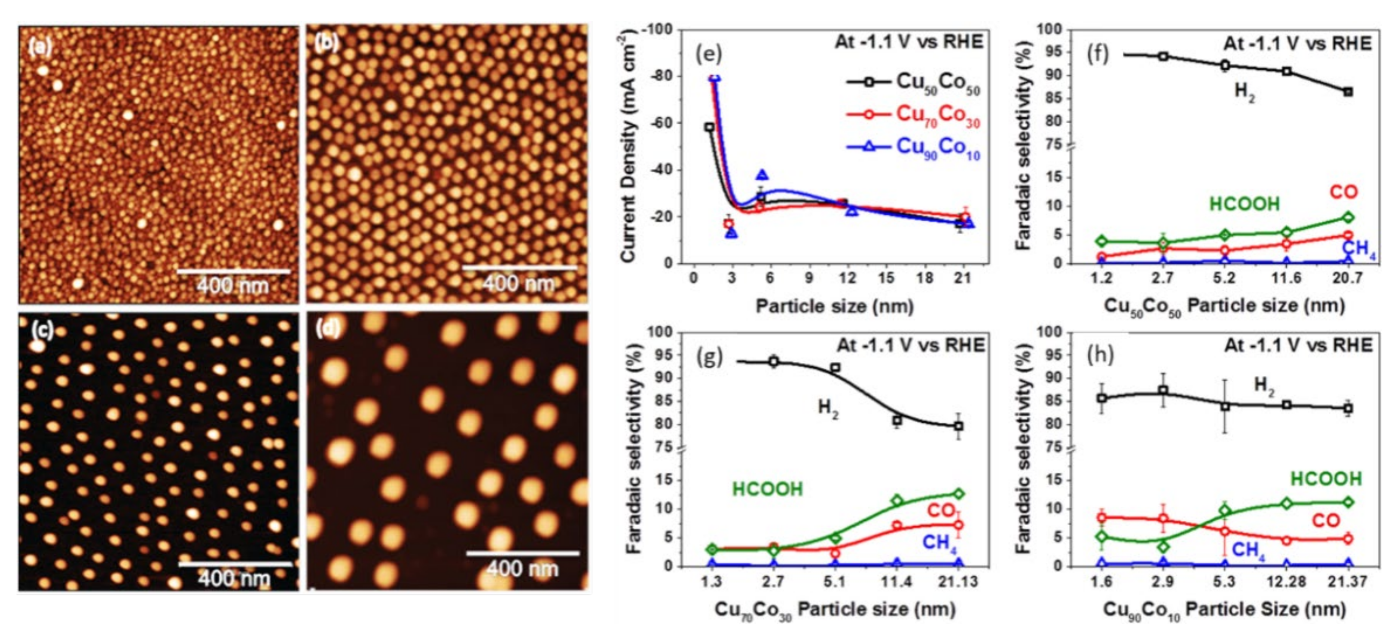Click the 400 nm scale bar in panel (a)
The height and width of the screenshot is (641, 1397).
coord(234,271)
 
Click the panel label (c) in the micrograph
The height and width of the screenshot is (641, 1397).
coord(41,329)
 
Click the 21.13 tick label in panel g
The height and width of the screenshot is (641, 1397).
coord(958,581)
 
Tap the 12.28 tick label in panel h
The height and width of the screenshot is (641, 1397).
coord(1286,581)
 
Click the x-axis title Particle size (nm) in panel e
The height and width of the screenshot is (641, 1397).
coord(835,306)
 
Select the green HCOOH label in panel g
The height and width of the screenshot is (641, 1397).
coord(767,489)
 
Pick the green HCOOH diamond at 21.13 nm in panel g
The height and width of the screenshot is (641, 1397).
coord(959,494)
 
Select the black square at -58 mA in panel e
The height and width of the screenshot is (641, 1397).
coord(709,127)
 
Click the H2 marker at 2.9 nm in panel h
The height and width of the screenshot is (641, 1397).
coord(1163,390)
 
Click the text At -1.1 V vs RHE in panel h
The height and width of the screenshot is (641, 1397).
coord(1298,345)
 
